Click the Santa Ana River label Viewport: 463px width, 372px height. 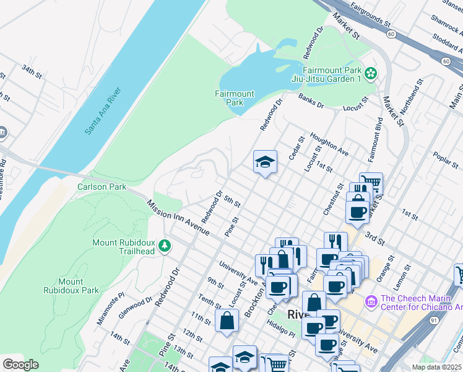103,112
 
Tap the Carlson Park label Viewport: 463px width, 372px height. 102,187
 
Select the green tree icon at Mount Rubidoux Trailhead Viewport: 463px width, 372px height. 164,246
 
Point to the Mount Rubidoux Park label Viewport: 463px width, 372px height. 71,286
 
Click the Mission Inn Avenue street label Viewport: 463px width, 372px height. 179,217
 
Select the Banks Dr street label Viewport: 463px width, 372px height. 311,101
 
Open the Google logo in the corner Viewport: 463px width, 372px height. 20,364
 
